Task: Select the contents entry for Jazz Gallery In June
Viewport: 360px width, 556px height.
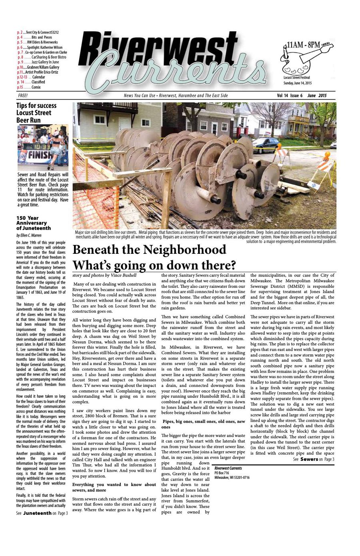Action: point(38,62)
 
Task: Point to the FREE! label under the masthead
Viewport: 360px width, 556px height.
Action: point(23,96)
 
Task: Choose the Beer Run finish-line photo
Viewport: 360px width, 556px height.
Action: point(42,147)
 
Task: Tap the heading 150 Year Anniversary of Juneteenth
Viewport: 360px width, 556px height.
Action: point(34,223)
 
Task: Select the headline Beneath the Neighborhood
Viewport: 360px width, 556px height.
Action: point(149,250)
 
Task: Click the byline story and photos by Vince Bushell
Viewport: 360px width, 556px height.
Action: point(104,275)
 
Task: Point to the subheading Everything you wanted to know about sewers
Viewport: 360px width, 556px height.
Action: point(114,487)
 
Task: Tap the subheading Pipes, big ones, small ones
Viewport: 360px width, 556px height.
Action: point(203,424)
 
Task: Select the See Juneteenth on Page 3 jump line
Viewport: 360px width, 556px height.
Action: point(42,513)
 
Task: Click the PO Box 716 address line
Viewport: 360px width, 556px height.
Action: point(222,473)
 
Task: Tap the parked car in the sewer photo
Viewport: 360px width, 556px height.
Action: point(266,144)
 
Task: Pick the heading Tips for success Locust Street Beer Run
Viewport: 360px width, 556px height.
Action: point(36,113)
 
